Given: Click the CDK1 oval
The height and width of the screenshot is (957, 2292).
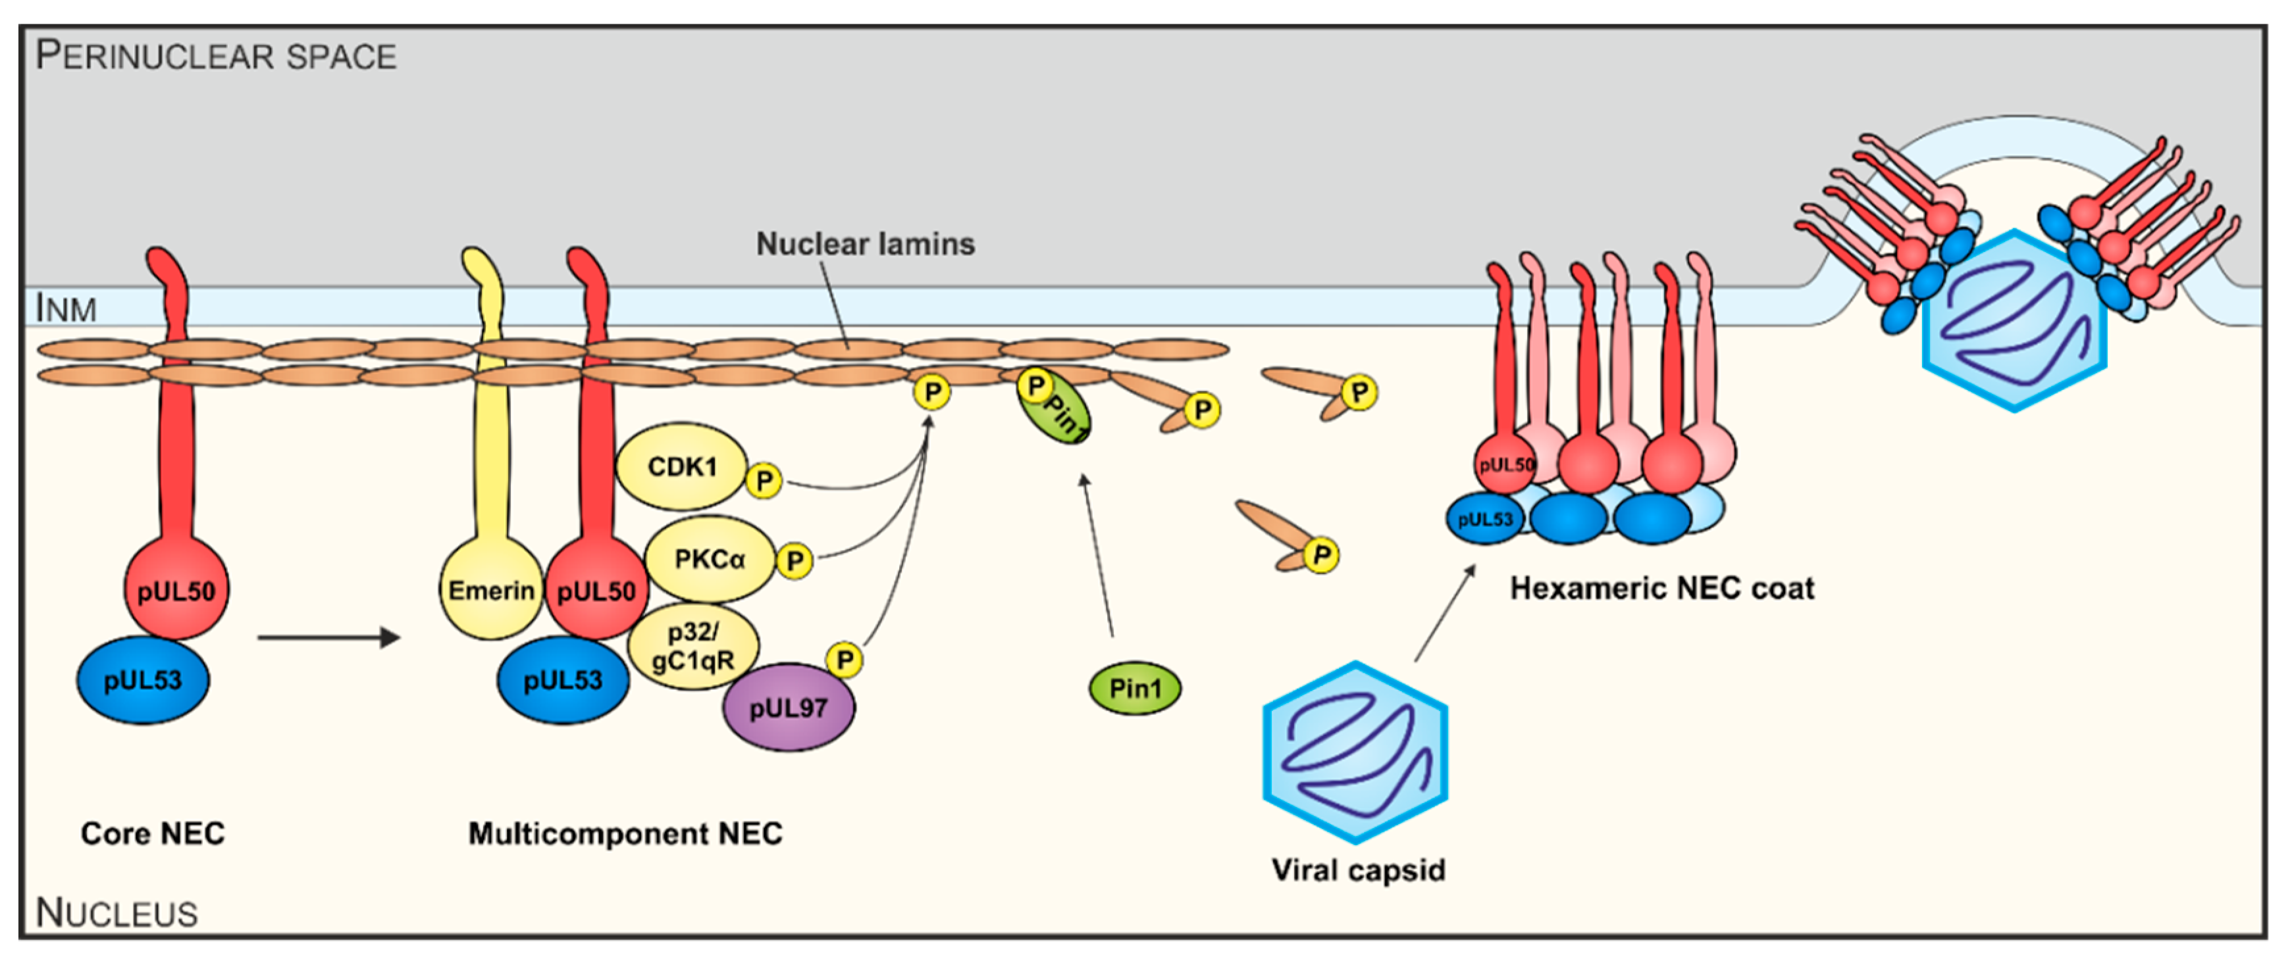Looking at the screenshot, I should tap(681, 466).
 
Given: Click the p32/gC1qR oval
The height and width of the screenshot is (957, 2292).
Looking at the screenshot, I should tap(692, 646).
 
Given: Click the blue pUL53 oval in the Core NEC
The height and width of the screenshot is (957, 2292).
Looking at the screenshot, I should tap(142, 680).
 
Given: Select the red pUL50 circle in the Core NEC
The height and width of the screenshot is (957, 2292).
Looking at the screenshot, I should tap(176, 591).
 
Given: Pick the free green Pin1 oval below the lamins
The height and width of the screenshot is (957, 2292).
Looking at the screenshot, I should tap(1134, 687).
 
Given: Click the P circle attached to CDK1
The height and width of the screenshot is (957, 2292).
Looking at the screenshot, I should tap(764, 481).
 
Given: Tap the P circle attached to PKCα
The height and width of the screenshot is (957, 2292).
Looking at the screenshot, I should tap(794, 560).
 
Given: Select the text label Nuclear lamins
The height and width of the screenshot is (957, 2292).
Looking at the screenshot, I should tap(865, 244).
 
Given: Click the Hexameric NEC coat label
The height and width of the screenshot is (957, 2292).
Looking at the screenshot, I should tap(1661, 588).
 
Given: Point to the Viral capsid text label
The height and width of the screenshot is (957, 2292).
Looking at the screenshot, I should tap(1358, 869).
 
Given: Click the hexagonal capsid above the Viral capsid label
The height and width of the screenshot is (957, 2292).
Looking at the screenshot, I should tap(1355, 752).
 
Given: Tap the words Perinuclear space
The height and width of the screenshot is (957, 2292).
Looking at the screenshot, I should tap(215, 55).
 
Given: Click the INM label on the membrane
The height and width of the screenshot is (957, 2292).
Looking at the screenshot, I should tap(65, 308).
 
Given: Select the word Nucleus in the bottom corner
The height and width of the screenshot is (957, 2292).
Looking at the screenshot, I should tap(116, 912).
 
